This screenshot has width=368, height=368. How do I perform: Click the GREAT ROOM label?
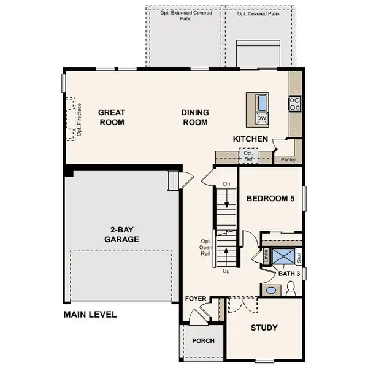(112, 117)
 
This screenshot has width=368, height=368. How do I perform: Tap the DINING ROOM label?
(195, 117)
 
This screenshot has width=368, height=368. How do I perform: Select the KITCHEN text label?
(250, 139)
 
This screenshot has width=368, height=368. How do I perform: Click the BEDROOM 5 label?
(271, 198)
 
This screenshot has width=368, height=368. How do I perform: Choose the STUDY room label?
(264, 327)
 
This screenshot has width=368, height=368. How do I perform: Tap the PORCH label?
(203, 341)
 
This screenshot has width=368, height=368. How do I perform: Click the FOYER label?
(196, 299)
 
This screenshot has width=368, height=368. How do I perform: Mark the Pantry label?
(288, 160)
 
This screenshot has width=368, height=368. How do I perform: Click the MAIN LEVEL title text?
(90, 315)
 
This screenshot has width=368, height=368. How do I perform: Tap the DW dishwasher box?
(262, 117)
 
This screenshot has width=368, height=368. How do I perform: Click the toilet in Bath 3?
(291, 286)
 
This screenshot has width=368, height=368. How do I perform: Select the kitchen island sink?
(262, 102)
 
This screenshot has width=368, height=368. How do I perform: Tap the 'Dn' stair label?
(226, 183)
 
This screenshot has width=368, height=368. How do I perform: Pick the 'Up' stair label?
(226, 270)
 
